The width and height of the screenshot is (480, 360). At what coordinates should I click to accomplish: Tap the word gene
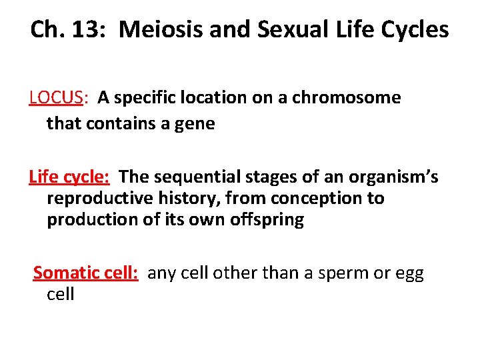tap(195, 123)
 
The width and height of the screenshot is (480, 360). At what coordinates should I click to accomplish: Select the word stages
tap(279, 177)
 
